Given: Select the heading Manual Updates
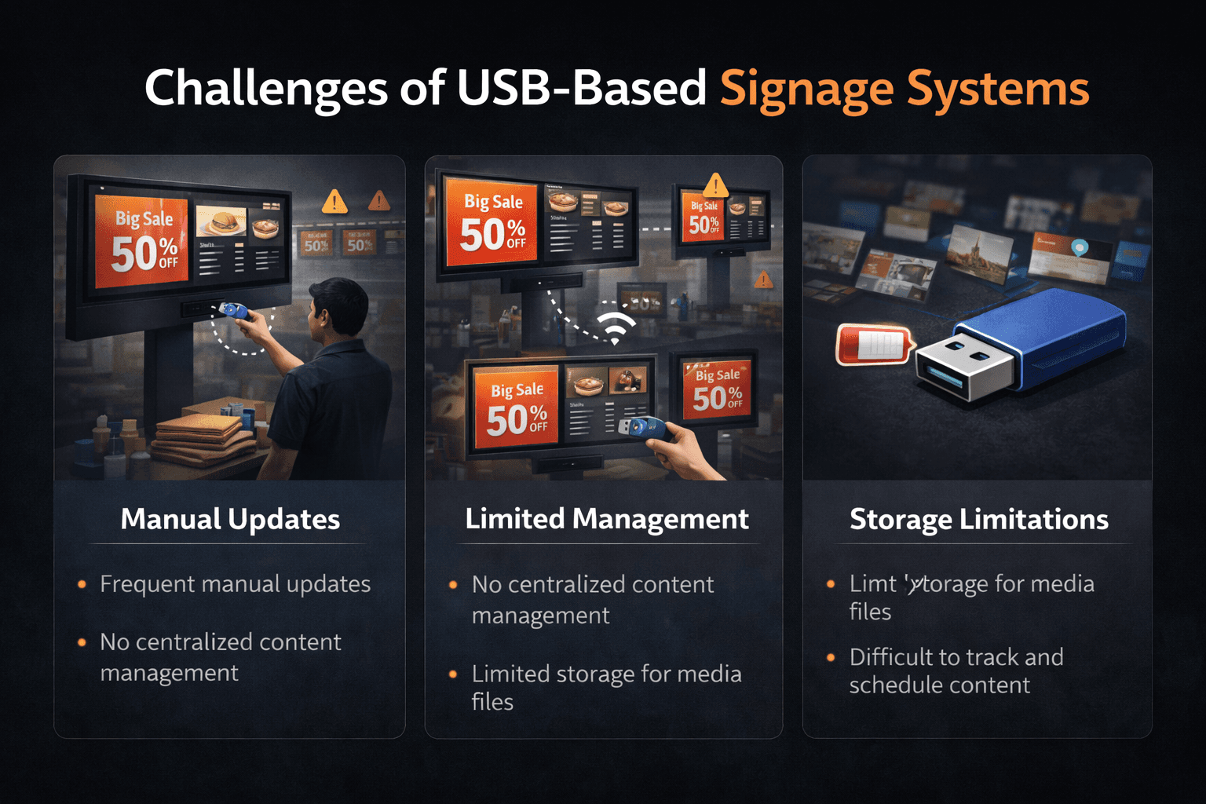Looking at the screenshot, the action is (230, 519).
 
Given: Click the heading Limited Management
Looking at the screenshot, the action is (606, 519).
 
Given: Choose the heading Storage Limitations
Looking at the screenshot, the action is (978, 519).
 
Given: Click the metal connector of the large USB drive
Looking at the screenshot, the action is (962, 367).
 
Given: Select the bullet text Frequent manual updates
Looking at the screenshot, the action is (235, 584).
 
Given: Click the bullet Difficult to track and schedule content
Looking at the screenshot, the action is (956, 671).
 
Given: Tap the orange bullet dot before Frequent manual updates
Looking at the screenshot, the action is (82, 584).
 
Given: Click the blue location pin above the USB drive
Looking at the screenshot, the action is (1080, 248).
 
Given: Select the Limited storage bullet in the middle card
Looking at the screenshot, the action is (606, 687).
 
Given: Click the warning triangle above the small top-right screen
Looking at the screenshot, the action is (715, 185).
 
